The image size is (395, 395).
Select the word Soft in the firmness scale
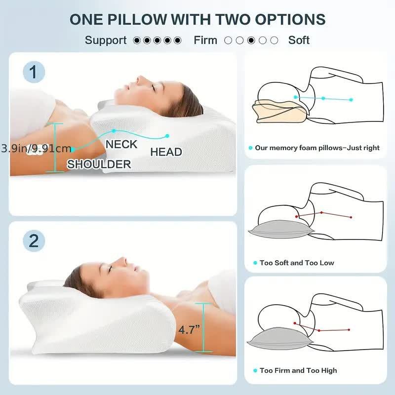[x=299, y=40]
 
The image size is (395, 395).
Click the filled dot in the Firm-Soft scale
[x=252, y=40]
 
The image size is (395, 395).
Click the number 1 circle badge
[x=34, y=73]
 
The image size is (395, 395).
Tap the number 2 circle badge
[x=34, y=240]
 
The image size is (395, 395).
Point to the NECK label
[x=121, y=144]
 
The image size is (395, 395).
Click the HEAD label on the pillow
[x=166, y=152]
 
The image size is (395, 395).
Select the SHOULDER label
[x=99, y=164]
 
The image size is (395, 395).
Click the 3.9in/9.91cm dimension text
[x=36, y=148]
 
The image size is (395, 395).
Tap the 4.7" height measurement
[x=190, y=330]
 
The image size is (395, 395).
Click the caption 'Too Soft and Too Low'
[x=297, y=263]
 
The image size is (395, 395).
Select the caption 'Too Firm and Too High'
[x=298, y=370]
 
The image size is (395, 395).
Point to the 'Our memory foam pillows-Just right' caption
[x=317, y=148]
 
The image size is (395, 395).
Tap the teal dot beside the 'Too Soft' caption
[x=255, y=263]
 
